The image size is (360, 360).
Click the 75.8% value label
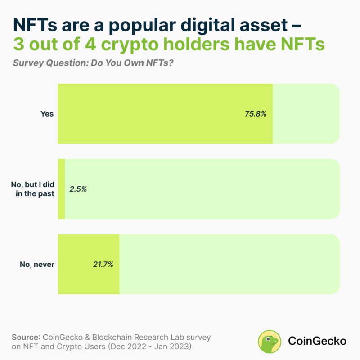pos(256,114)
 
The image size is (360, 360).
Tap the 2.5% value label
pos(78,189)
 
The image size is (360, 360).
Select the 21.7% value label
pos(103,264)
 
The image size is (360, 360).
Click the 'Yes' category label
pos(47,114)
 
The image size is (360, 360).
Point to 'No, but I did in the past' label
pos(32,189)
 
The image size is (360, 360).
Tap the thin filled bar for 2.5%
pos(61,189)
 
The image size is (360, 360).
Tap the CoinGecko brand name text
pos(317,341)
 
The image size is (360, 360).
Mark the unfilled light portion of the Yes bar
pos(306,114)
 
